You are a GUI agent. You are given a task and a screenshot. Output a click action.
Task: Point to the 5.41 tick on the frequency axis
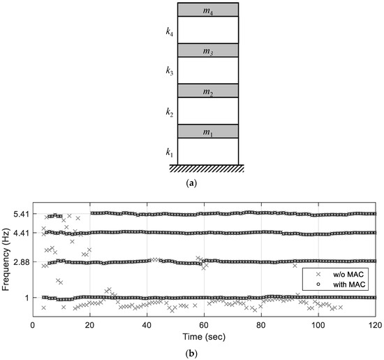20,214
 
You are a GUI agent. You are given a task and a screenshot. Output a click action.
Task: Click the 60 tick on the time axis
204,325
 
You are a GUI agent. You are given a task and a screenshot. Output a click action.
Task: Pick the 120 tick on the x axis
374,325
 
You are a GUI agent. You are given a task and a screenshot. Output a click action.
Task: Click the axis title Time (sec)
203,336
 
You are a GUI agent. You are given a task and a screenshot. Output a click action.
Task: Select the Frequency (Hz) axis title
6,255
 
